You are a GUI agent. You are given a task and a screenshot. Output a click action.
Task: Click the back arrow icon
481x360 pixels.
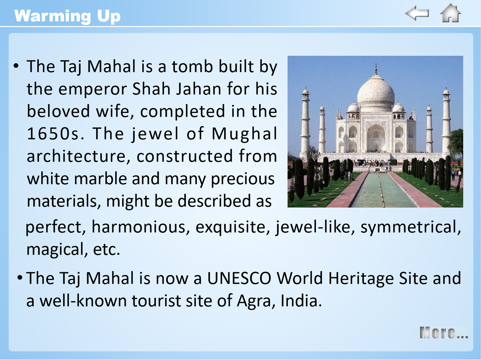(417, 13)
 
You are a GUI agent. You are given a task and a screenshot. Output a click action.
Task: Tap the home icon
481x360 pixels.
(450, 13)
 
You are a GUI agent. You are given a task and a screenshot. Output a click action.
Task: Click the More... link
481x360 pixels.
(444, 333)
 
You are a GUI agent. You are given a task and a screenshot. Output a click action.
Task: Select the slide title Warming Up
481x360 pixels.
(67, 16)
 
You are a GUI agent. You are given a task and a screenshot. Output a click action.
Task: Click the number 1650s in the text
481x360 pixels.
(56, 134)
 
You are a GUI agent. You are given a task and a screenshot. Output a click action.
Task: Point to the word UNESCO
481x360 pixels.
(239, 278)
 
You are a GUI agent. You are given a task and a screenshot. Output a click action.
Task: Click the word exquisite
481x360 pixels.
(233, 228)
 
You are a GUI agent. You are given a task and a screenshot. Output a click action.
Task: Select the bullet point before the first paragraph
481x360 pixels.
(16, 66)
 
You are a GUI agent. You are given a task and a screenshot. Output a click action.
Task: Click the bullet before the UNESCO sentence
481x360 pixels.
(20, 278)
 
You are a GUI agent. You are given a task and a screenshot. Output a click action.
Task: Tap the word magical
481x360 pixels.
(55, 250)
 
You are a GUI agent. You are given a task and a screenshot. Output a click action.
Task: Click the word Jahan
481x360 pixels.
(199, 89)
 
